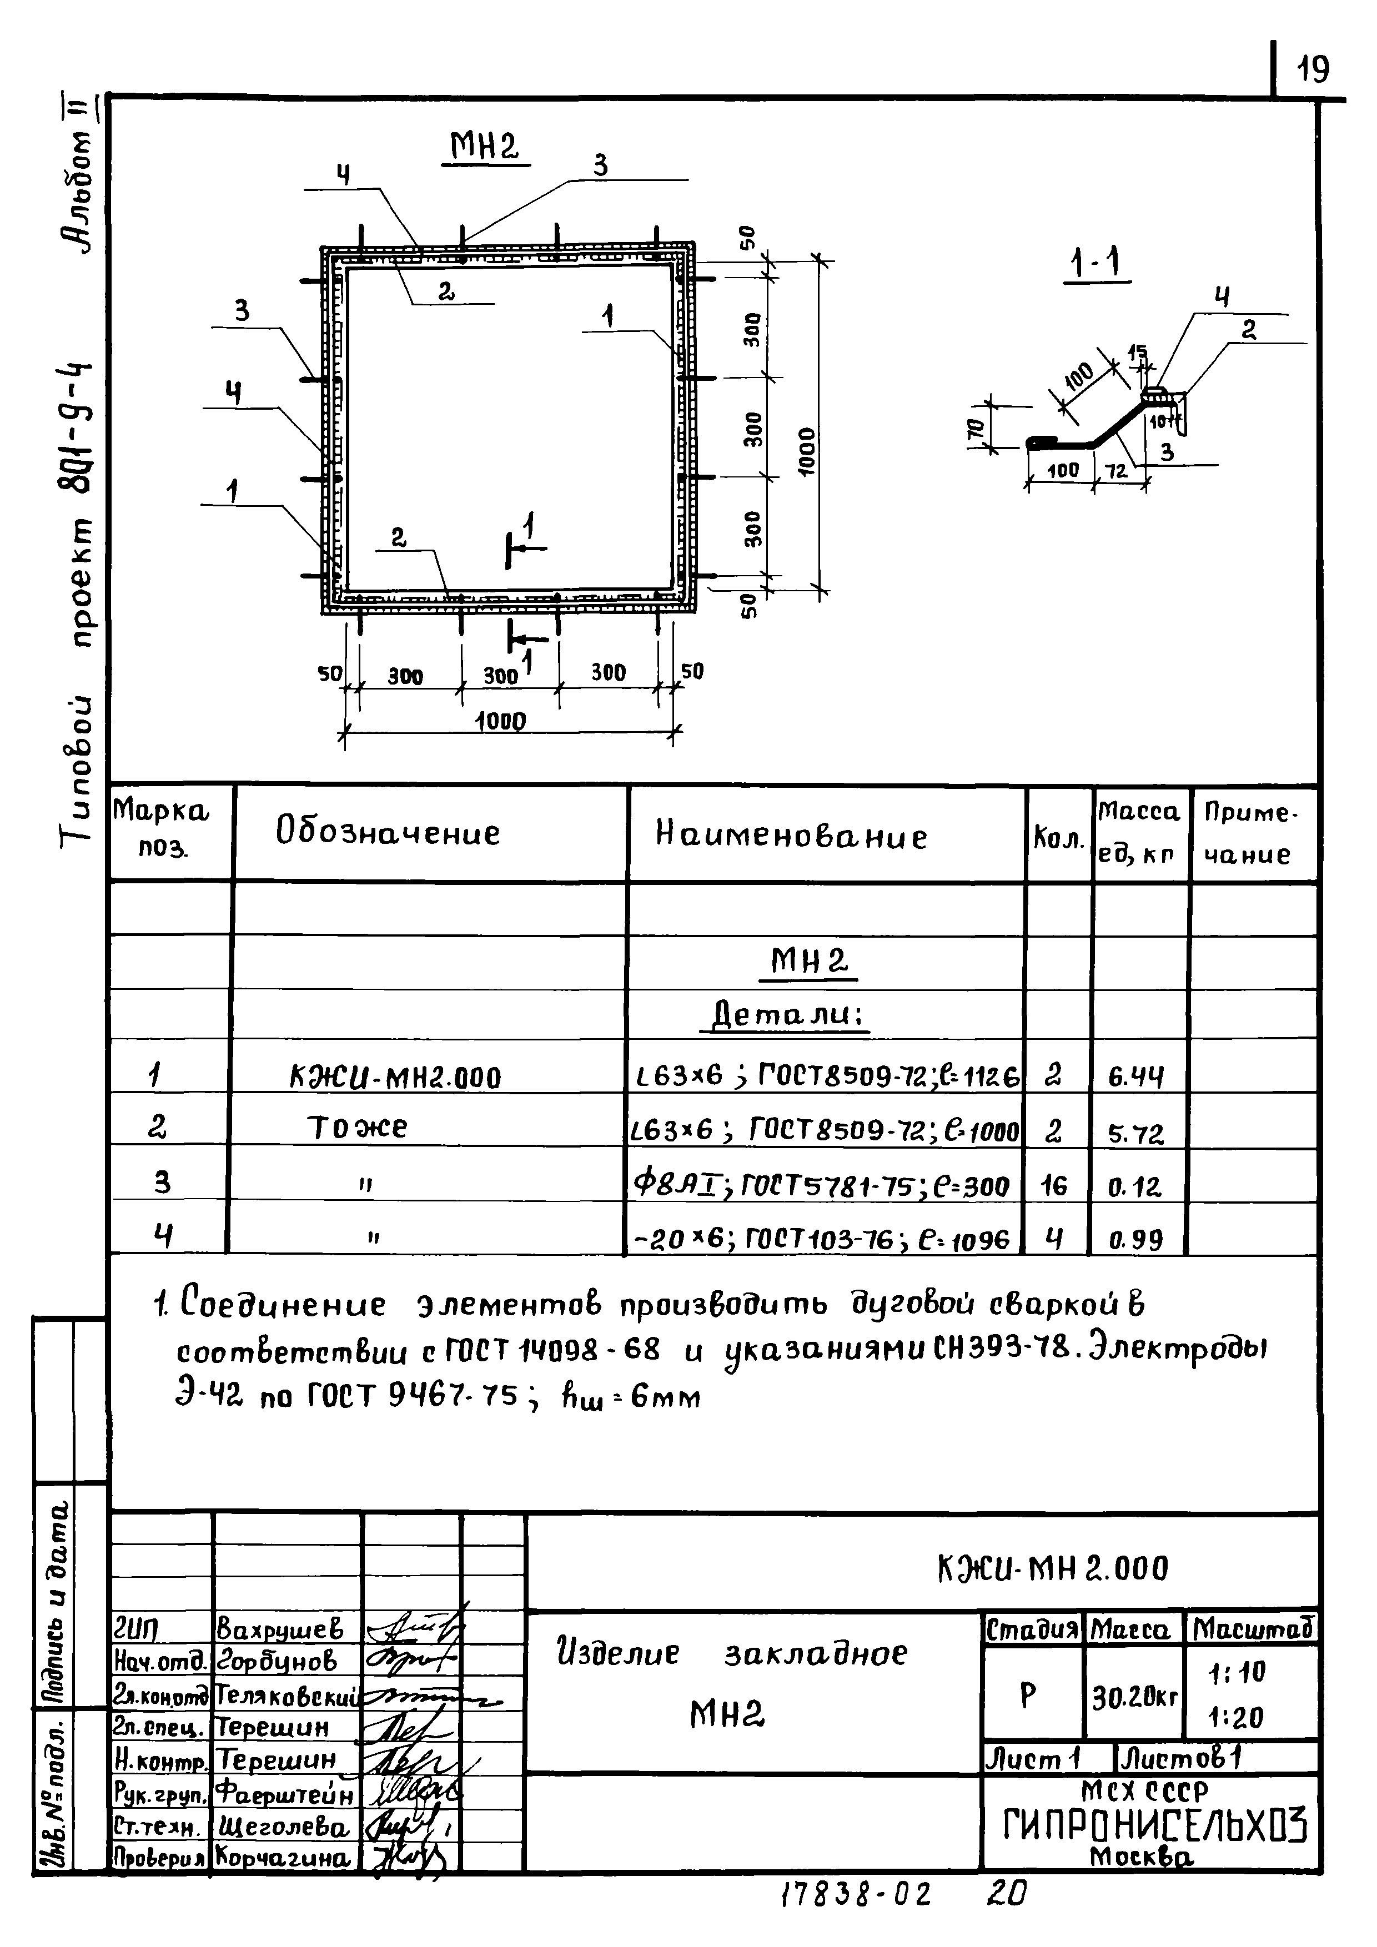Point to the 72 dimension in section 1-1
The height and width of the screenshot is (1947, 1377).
click(x=1117, y=469)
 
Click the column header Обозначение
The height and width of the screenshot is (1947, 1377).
click(x=388, y=833)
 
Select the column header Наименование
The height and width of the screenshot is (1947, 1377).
click(x=791, y=836)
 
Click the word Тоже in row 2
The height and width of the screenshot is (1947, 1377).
click(x=357, y=1128)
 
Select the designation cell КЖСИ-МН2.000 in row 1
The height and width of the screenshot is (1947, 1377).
click(x=395, y=1078)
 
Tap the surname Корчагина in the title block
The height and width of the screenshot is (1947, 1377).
click(x=283, y=1858)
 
